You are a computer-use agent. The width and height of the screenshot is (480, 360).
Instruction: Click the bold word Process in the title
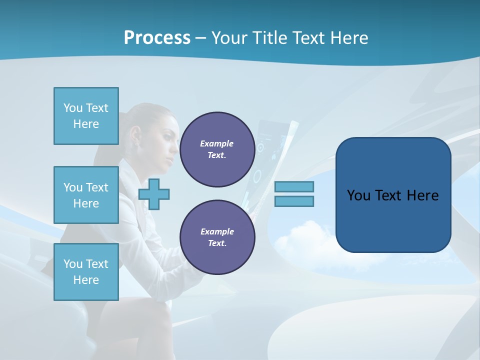(x=157, y=37)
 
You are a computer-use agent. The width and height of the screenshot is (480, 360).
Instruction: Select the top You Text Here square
(x=86, y=116)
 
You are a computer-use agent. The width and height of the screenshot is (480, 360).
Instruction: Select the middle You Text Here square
(x=86, y=195)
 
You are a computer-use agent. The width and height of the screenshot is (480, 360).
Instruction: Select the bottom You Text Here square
(x=86, y=272)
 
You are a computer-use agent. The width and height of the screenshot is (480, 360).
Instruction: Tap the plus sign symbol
(x=154, y=194)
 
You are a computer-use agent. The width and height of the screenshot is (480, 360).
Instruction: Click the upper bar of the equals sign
(x=294, y=186)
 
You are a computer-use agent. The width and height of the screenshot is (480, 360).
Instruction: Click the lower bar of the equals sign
(x=294, y=201)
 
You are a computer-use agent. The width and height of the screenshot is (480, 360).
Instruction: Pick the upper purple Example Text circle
(x=217, y=149)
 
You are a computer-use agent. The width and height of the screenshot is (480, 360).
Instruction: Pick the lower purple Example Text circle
(x=217, y=237)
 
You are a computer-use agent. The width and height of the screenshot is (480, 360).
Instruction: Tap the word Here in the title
(x=350, y=37)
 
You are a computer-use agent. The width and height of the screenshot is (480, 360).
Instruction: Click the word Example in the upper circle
(x=216, y=143)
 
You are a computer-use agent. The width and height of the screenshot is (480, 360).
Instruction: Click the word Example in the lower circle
(x=216, y=231)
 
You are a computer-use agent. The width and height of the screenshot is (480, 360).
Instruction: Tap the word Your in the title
(x=228, y=37)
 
